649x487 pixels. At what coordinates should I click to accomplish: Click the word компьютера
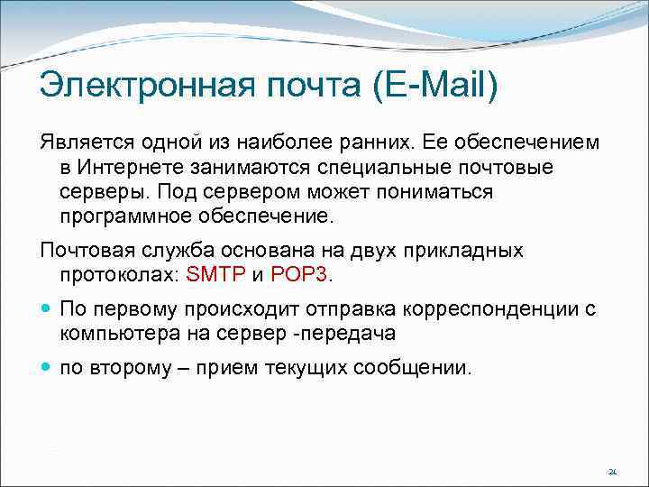(x=113, y=333)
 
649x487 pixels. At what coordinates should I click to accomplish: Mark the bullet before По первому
(x=46, y=309)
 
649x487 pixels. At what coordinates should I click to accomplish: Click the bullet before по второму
(x=46, y=368)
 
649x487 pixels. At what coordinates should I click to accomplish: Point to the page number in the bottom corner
(x=612, y=471)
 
